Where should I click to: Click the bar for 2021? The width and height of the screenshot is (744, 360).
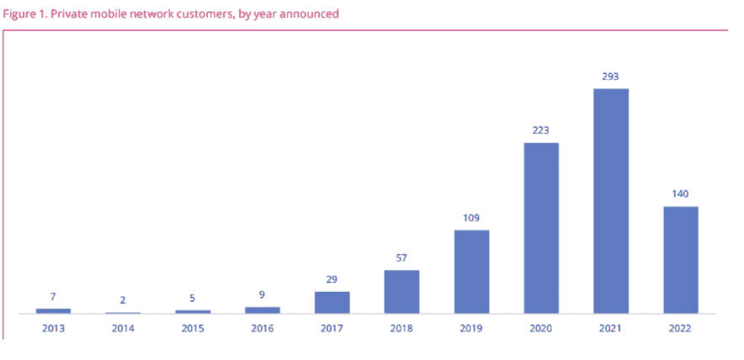611,201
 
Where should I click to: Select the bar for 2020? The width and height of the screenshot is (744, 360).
541,228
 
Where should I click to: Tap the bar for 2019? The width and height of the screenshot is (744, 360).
471,272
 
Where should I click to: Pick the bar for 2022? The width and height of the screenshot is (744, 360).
681,260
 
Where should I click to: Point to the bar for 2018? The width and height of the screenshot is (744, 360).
401,292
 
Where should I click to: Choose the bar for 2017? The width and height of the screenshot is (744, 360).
332,303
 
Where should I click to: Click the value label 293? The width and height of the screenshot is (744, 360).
611,77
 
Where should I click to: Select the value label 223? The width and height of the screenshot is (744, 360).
541,130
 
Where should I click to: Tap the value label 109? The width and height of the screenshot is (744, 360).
471,218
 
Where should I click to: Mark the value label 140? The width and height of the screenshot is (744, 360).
681,194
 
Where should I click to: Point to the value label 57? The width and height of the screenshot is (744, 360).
401,258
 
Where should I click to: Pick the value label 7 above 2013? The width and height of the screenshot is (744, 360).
53,297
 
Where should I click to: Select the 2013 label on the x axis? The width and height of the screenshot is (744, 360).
53,328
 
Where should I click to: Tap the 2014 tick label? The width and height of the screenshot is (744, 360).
123,328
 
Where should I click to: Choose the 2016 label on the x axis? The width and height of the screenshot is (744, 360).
263,328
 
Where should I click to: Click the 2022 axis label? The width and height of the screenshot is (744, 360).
681,328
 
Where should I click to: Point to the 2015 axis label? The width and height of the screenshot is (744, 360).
193,328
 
